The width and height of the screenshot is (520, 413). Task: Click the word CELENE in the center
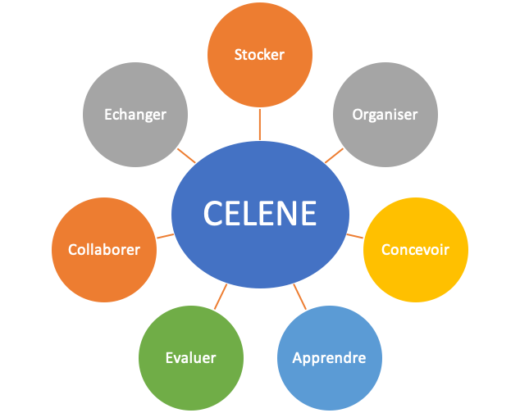click(x=260, y=213)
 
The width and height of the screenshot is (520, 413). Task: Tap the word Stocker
click(x=259, y=55)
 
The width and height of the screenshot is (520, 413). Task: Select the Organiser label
click(x=385, y=115)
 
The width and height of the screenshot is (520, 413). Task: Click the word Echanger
click(x=135, y=115)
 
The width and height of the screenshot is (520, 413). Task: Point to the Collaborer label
click(x=104, y=250)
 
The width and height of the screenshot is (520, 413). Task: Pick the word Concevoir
click(x=416, y=250)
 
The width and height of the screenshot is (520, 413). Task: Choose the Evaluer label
click(x=190, y=358)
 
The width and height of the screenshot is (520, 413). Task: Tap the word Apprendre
click(x=330, y=358)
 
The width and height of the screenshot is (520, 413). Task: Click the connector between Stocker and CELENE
click(x=260, y=125)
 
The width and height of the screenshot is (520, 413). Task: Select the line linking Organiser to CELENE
click(x=334, y=156)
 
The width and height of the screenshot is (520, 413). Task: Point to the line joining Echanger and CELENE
click(x=186, y=156)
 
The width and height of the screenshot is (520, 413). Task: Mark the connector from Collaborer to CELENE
click(x=165, y=236)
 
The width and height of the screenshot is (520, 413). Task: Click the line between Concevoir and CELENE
click(x=355, y=236)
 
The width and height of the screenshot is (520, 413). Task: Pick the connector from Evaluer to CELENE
click(x=221, y=297)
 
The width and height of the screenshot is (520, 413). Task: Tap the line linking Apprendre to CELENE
click(x=300, y=297)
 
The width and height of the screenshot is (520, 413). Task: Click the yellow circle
click(x=416, y=250)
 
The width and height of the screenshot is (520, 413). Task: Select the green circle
click(x=191, y=358)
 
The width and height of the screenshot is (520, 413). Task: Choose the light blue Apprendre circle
click(x=330, y=358)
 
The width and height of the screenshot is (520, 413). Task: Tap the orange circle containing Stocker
click(x=260, y=55)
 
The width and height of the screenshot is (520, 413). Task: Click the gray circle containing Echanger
click(x=135, y=115)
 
